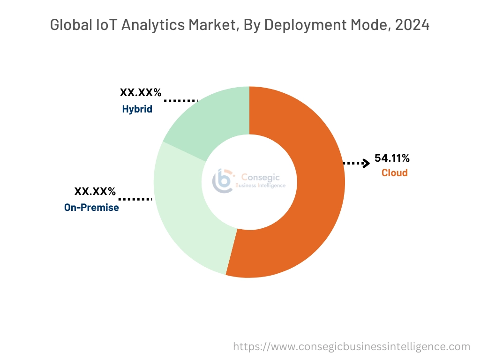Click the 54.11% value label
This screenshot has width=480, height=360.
pos(392,158)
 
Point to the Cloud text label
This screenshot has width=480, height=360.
pos(394,173)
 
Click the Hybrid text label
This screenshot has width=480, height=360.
pos(137,109)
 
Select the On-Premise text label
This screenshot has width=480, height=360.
pos(91,207)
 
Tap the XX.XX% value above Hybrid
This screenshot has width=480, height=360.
pos(141,93)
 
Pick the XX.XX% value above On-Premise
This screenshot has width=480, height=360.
pos(95,191)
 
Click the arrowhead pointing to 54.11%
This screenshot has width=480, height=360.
pos(366,163)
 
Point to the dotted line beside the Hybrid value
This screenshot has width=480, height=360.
pos(180,100)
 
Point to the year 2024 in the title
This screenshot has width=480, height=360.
pos(412,25)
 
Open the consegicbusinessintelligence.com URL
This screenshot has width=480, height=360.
pos(352,346)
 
